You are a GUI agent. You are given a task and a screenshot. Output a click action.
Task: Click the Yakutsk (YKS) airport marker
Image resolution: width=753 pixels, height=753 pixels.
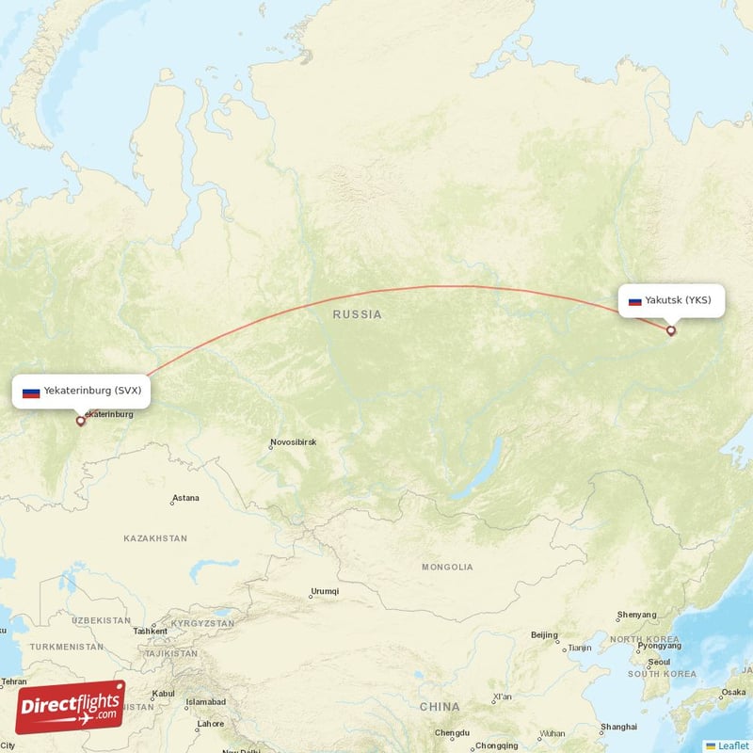[x=671, y=330]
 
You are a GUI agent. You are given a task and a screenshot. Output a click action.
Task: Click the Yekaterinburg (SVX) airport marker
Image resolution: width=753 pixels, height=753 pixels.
[x=80, y=421]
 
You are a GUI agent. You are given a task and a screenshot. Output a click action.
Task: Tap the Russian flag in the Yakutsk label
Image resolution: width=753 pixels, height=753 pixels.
[x=634, y=301]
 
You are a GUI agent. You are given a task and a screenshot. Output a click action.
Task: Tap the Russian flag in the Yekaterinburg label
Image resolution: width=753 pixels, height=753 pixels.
[x=31, y=391]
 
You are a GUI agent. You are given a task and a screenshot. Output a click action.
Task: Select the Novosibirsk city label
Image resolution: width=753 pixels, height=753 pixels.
[x=293, y=441]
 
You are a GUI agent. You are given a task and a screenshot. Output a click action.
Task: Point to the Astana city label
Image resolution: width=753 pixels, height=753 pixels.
[x=185, y=498]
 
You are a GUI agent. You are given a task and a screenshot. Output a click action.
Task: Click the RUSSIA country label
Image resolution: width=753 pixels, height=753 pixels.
[x=358, y=314]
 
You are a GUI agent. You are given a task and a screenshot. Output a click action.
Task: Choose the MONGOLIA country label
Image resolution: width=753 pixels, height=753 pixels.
[x=447, y=567]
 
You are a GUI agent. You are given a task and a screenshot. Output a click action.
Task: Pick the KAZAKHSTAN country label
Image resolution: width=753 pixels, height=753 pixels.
[x=155, y=538]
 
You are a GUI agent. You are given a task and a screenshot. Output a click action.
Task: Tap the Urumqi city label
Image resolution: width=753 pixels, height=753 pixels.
[x=324, y=592]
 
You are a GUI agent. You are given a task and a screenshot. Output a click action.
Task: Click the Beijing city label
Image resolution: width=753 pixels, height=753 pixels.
[x=544, y=635]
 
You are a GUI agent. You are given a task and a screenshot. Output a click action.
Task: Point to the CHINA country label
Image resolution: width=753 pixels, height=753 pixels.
[x=440, y=706]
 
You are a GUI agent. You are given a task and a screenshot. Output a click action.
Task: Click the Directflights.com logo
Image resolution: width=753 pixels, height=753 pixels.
[x=71, y=707]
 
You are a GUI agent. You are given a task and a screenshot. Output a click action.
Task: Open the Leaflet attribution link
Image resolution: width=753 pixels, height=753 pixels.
[x=732, y=745]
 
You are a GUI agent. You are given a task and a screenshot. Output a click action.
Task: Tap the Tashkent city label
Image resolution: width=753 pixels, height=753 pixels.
[x=151, y=632]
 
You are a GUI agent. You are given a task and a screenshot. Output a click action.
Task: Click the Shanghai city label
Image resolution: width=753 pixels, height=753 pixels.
[x=618, y=727]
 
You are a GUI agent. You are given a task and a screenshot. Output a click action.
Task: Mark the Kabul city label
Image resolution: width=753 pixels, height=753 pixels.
[x=163, y=694]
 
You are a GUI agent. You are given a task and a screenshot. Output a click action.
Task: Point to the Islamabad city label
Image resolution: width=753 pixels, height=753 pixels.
[x=205, y=702]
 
